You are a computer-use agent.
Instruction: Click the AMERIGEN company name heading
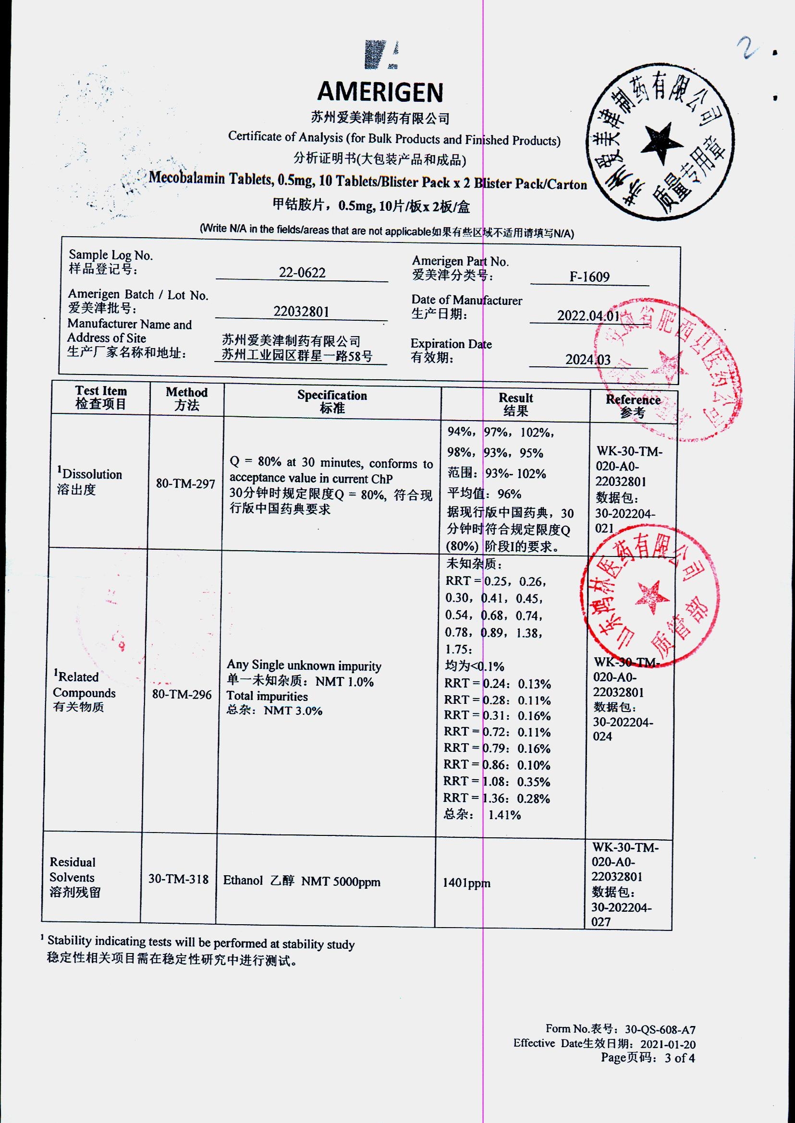coord(380,92)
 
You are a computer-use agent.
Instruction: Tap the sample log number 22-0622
coord(302,273)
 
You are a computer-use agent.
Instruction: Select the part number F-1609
coord(589,277)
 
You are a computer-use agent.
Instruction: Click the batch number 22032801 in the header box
coord(301,312)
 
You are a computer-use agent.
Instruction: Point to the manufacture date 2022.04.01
coord(588,315)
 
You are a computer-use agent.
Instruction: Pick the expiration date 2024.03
coord(588,360)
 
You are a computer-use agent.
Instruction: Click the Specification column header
coord(332,402)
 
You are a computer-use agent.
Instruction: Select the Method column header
coord(186,399)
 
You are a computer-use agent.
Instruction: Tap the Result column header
coord(515,404)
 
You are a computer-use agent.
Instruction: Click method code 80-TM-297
coord(185,484)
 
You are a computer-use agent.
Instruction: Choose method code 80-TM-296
coord(182,694)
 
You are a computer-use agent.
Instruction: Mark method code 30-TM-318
coord(178,879)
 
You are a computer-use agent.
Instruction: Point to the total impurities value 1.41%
coord(504,815)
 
